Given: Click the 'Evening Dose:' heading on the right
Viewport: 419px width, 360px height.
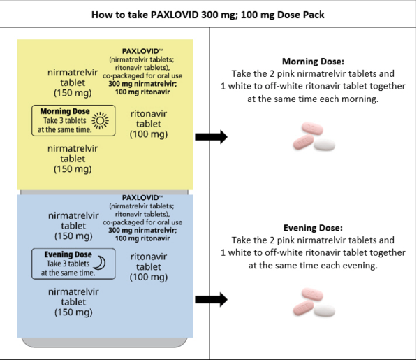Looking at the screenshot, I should coord(313,228).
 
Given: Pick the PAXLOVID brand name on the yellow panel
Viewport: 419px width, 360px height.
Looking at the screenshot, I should coord(138,51).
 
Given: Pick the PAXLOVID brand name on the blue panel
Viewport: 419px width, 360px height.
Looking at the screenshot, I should coord(138,198).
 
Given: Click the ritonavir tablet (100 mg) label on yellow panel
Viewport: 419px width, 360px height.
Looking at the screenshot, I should coord(149,124).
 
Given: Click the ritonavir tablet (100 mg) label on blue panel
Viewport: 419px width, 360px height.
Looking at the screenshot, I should coord(149,267).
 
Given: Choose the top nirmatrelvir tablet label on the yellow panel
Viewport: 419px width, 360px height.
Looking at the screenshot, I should coord(73,82).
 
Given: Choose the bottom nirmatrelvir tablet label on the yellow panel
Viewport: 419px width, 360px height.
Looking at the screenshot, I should coord(73,159).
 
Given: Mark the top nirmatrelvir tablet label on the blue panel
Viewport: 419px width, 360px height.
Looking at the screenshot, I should coord(73,226).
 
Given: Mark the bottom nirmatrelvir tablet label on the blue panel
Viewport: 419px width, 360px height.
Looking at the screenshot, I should coord(73,302).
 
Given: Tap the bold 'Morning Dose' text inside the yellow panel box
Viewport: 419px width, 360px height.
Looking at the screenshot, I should coord(64,111).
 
